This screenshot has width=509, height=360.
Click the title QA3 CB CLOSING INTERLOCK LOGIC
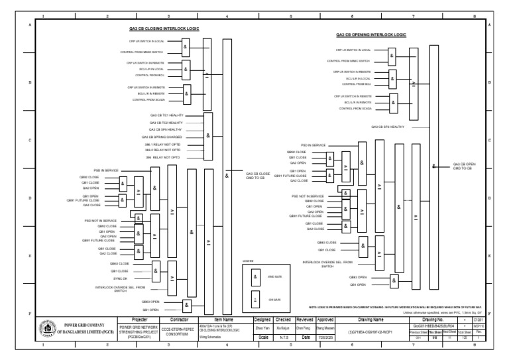tap(164, 29)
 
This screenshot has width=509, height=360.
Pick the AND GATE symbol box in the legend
tap(255, 276)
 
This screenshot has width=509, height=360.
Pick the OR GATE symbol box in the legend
tap(255, 299)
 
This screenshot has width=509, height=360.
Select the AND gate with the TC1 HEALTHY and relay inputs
tap(208, 135)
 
